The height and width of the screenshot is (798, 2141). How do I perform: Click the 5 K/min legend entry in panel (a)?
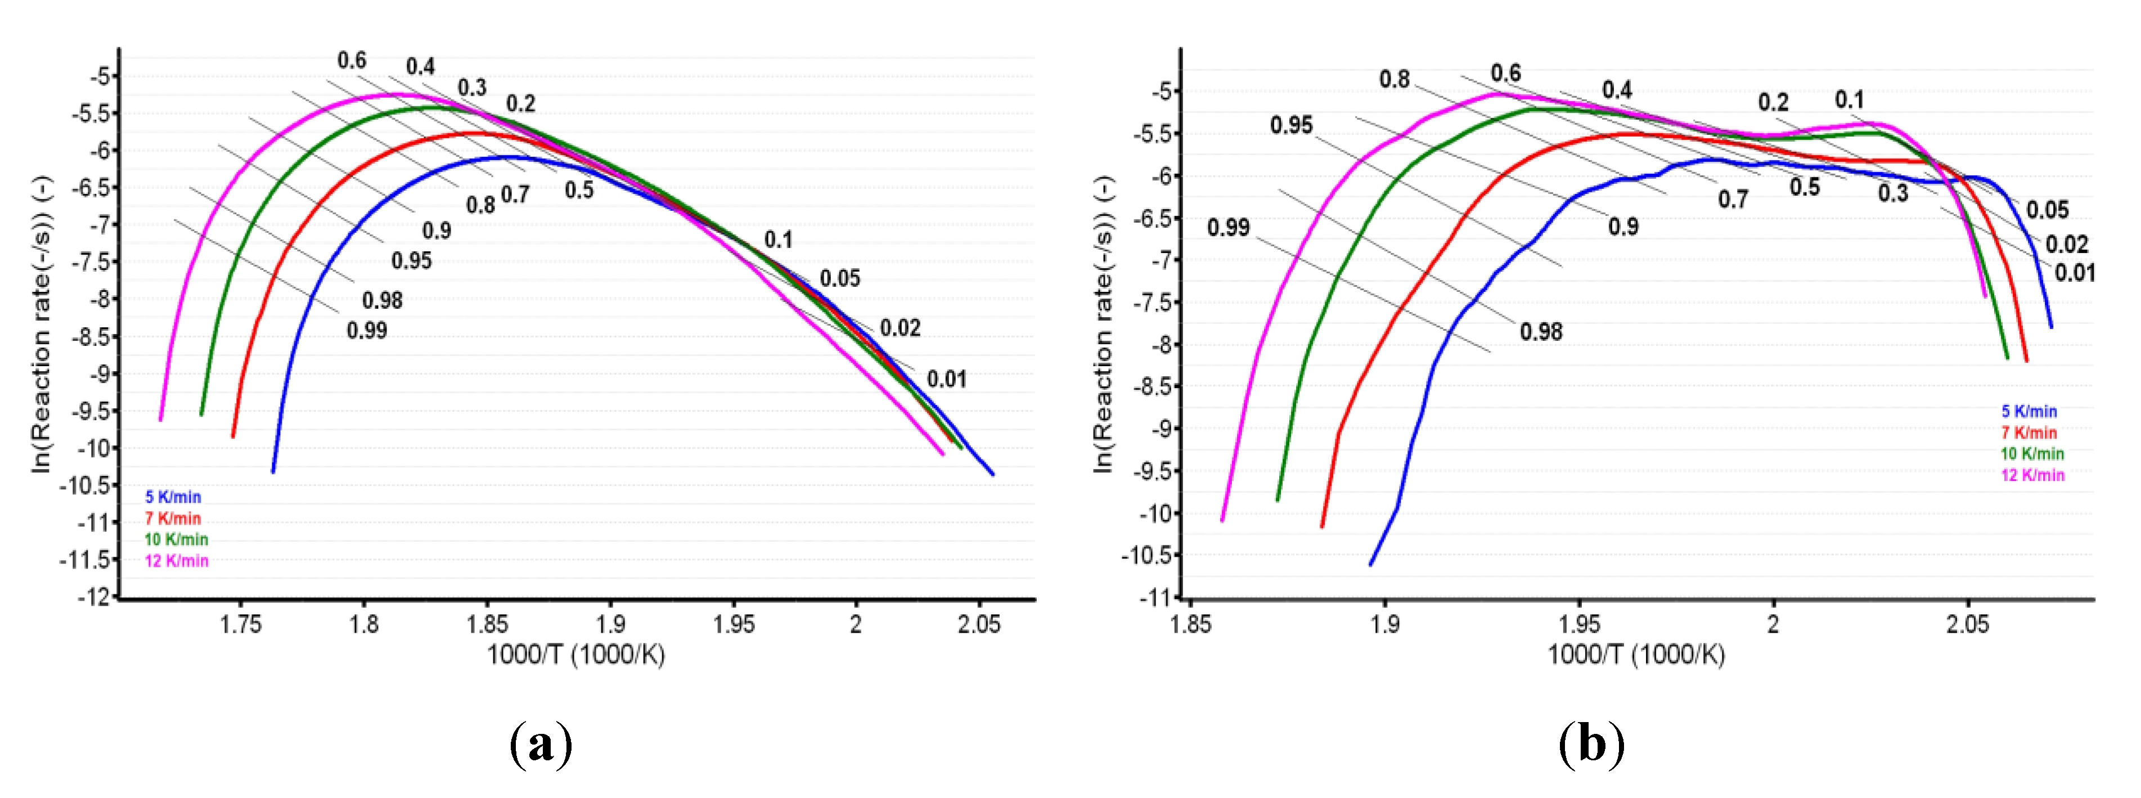click(173, 497)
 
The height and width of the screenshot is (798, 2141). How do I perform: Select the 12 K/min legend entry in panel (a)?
click(176, 561)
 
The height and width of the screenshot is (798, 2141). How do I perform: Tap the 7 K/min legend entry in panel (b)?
click(2029, 432)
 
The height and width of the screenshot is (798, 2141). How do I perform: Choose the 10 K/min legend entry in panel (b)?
click(2032, 454)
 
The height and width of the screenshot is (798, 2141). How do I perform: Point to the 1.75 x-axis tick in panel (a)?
click(240, 624)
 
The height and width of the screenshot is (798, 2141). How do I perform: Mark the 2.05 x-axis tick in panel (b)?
click(1967, 624)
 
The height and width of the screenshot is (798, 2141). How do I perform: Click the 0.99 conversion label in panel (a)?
click(367, 331)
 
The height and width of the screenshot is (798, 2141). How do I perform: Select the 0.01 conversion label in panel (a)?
click(947, 380)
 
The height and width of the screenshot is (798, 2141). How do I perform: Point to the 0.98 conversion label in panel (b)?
click(1541, 332)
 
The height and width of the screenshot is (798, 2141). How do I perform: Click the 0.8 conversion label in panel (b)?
click(1395, 80)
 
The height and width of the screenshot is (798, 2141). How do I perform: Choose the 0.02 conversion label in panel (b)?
click(2066, 245)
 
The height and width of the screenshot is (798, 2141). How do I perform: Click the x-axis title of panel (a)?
click(575, 655)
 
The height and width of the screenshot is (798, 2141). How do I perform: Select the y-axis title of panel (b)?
click(1104, 324)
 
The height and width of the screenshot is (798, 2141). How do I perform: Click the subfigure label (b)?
click(1591, 742)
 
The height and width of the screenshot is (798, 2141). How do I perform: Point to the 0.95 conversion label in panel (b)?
click(1291, 125)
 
